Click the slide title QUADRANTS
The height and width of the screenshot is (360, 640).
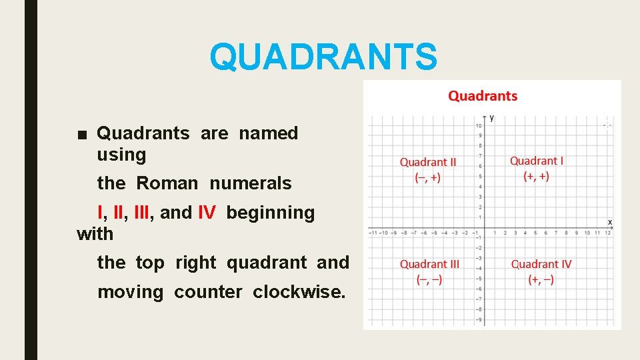(324, 57)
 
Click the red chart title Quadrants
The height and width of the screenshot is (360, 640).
(483, 96)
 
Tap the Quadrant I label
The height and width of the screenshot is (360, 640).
(536, 161)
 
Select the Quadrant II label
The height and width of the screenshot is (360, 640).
(428, 162)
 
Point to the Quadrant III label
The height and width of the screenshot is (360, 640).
(429, 265)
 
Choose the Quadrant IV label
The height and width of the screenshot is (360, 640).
(541, 265)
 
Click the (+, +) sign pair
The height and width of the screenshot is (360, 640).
(536, 176)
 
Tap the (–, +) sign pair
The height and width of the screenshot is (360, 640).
(427, 177)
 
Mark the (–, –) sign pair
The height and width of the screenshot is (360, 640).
(429, 280)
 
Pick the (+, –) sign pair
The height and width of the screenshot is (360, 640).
(541, 280)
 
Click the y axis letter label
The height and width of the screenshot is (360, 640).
(492, 118)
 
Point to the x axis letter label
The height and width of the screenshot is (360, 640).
(609, 221)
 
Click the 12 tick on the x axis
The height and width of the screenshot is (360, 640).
(607, 233)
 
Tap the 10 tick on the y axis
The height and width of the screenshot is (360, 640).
(478, 126)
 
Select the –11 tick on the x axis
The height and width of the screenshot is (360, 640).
(373, 233)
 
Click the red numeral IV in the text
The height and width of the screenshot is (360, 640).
(207, 213)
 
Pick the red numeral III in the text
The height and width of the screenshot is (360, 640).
(141, 213)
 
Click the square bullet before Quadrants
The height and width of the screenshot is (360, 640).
(81, 134)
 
